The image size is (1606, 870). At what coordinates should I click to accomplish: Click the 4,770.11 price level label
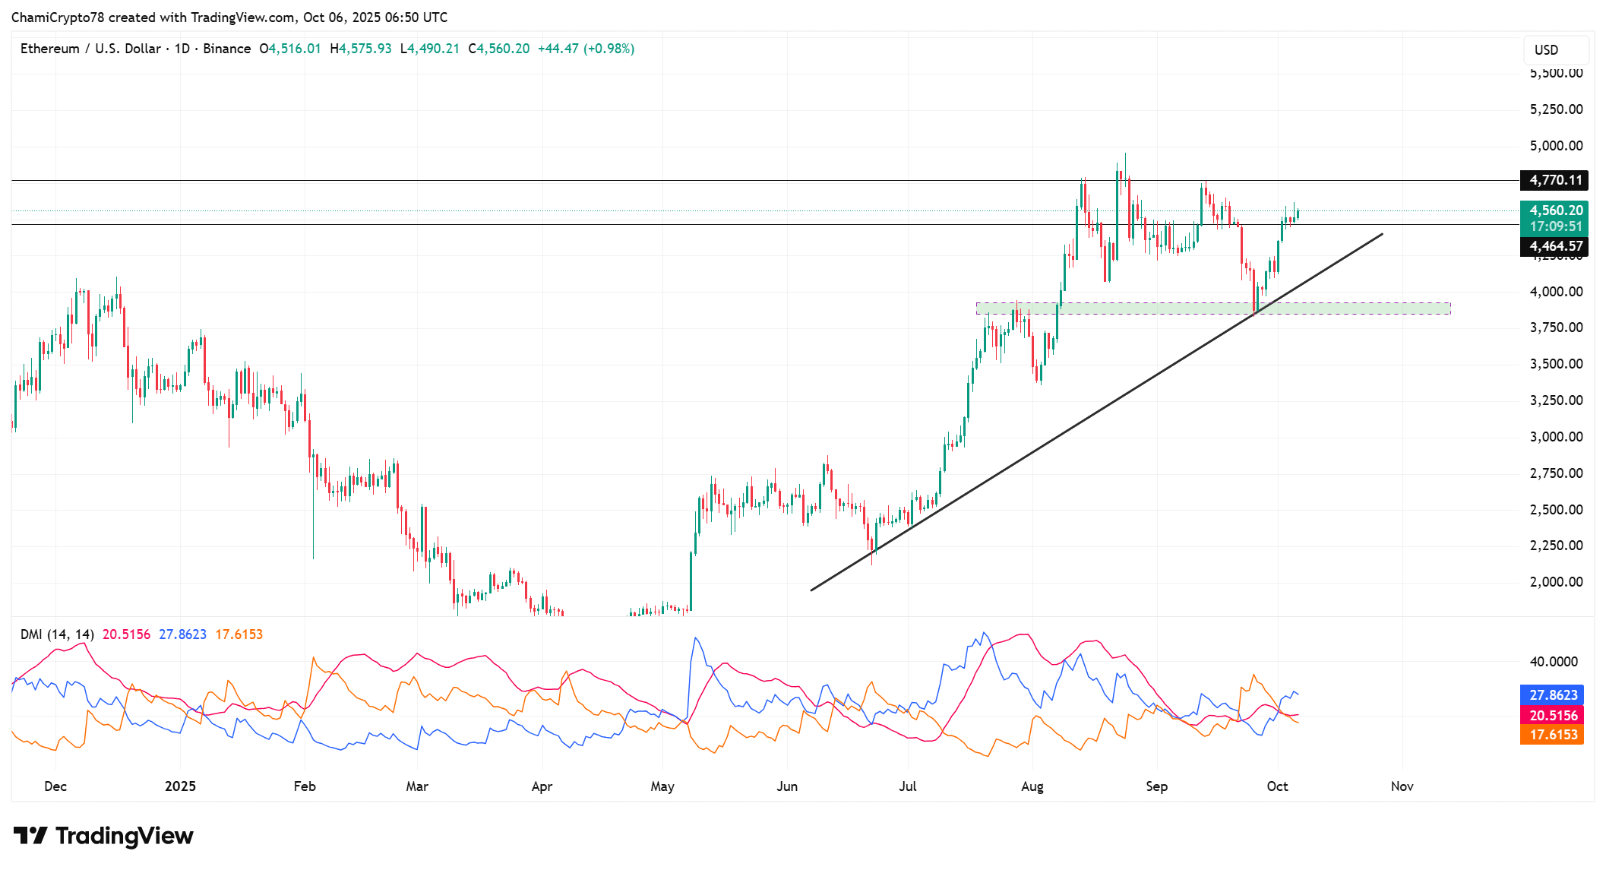[1554, 180]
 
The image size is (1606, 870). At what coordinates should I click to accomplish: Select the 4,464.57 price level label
[1554, 246]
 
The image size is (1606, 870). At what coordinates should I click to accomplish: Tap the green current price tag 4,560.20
[1554, 210]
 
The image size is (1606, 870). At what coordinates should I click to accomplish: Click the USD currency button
[1546, 50]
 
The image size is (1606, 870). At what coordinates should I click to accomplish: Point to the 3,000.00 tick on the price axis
[1556, 437]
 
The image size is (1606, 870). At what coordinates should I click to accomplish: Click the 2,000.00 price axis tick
[1556, 582]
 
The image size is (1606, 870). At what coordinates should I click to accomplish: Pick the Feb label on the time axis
[305, 786]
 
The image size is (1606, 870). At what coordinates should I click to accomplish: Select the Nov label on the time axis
[1402, 786]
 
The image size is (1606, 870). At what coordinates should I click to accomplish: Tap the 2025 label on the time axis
[180, 786]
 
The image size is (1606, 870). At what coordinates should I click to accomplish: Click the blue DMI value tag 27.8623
[1553, 695]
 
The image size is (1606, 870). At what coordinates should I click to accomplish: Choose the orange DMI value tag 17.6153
[1553, 735]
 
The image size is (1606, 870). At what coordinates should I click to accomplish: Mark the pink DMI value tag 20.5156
[1553, 716]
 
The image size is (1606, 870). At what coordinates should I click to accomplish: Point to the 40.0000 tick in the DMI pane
[1554, 662]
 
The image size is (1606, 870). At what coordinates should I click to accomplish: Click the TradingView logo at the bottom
[103, 836]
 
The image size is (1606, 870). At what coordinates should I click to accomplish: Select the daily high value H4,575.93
[361, 49]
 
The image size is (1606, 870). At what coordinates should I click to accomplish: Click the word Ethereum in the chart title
[50, 49]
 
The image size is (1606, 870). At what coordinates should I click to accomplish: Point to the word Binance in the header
[227, 49]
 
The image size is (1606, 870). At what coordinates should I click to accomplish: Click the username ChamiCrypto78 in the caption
[58, 17]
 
